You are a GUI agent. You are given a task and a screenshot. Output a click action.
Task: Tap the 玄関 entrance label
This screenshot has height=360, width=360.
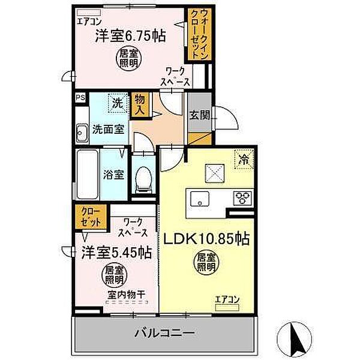tap(199, 116)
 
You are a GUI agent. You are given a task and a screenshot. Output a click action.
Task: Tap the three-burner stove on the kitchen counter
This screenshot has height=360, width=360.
tap(243, 197)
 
